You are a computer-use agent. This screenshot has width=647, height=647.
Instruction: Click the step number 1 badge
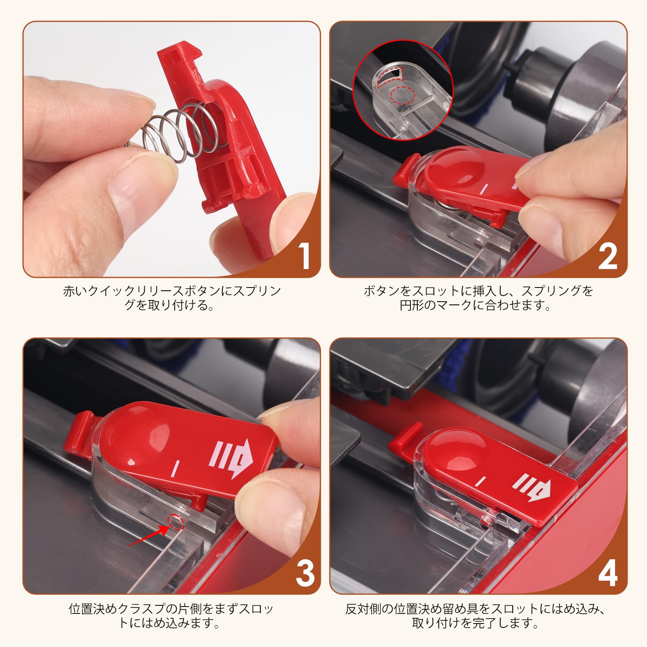pos(304,256)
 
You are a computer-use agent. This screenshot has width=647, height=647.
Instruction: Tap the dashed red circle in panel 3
pos(176,522)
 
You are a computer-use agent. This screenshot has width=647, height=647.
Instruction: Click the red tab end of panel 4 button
pos(404,439)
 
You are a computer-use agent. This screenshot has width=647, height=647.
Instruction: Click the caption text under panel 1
pos(171,298)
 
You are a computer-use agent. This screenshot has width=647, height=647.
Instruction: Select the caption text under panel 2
pos(478,298)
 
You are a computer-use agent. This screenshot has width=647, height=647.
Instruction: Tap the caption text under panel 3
pos(171,615)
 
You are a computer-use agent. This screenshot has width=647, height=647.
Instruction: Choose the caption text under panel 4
pos(476,615)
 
